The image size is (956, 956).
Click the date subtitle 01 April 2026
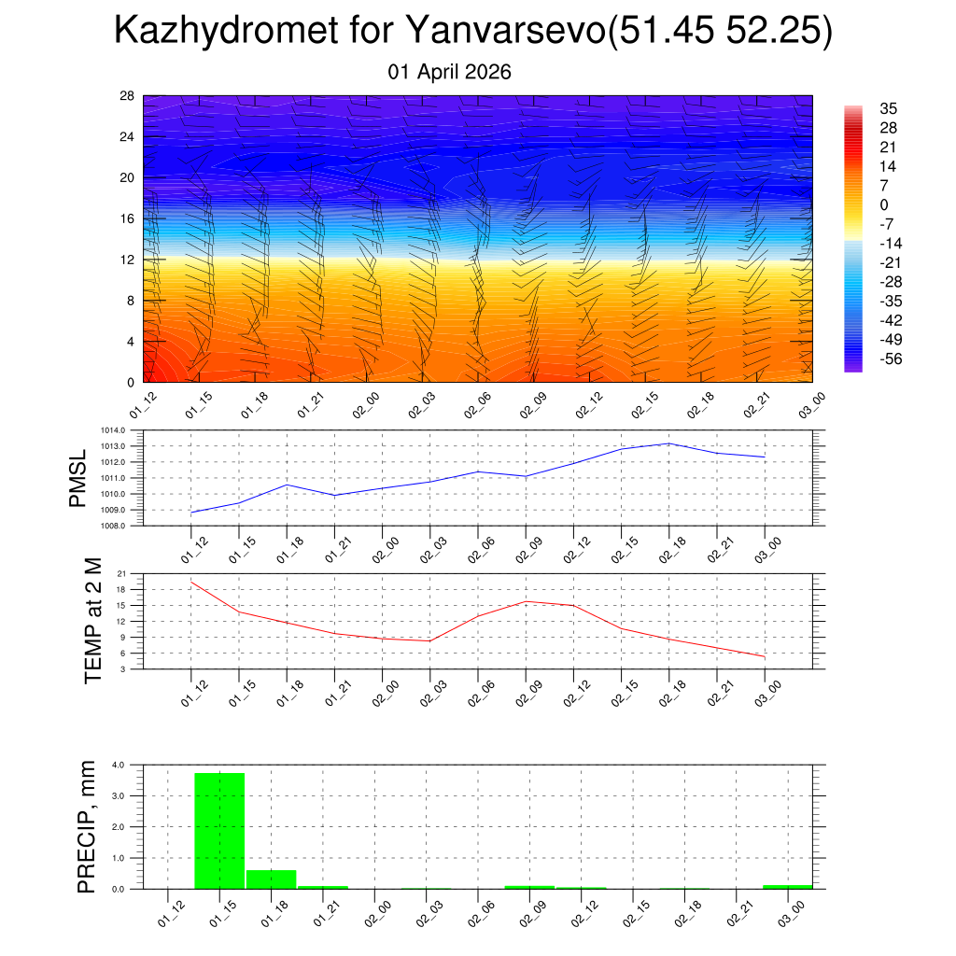(450, 72)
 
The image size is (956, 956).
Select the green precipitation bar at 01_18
(271, 879)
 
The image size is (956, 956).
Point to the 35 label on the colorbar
(889, 108)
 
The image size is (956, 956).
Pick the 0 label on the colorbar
(884, 204)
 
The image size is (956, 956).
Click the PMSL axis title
(78, 478)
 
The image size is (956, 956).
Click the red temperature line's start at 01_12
(191, 582)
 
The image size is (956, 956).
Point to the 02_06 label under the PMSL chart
(477, 549)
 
